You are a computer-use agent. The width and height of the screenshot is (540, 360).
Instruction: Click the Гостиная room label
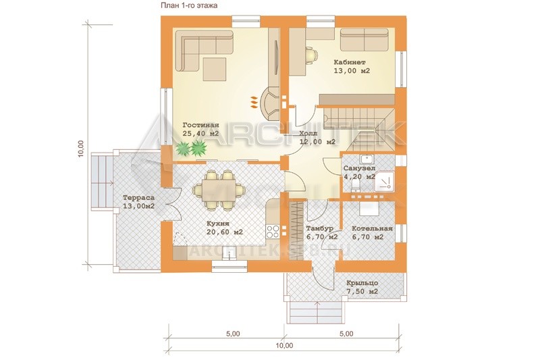tap(200, 125)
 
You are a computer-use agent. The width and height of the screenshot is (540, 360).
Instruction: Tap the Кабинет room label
tap(350, 62)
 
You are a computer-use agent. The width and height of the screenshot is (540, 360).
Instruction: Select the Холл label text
tap(306, 133)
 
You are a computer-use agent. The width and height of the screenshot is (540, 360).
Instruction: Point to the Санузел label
tap(360, 168)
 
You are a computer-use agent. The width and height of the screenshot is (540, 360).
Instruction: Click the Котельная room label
tap(373, 229)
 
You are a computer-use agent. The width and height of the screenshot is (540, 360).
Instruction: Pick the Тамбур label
tap(319, 229)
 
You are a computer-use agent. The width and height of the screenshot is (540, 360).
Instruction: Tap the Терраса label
tap(139, 198)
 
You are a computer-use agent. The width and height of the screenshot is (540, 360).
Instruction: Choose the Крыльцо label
tap(362, 283)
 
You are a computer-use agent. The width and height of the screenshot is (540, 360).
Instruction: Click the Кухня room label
tap(218, 224)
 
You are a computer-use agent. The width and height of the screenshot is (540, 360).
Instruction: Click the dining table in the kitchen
tap(219, 190)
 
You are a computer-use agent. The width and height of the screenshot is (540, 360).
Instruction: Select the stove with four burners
tap(273, 231)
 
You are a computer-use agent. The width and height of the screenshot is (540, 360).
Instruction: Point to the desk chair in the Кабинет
tap(311, 55)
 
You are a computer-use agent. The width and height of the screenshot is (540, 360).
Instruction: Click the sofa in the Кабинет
tap(364, 41)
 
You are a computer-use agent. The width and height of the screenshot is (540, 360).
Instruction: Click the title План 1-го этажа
tap(189, 5)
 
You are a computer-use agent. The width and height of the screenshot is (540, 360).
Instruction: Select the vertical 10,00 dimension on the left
tap(80, 149)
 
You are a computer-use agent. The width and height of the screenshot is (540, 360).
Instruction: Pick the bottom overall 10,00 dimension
tap(284, 346)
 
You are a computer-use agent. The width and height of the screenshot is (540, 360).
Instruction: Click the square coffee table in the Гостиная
tap(215, 69)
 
